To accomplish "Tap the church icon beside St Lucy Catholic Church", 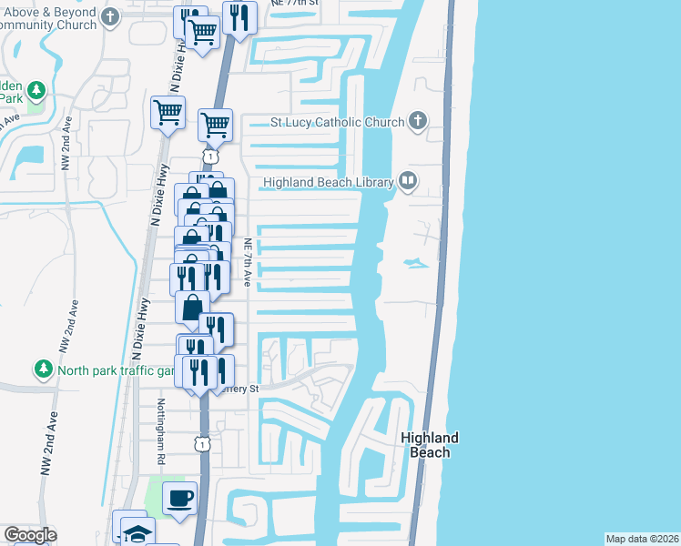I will pyautogui.click(x=417, y=121).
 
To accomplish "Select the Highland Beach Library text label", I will pyautogui.click(x=328, y=183).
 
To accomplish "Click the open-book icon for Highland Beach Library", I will pyautogui.click(x=407, y=182).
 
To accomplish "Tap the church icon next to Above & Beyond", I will pyautogui.click(x=110, y=17).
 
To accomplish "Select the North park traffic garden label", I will pyautogui.click(x=115, y=370).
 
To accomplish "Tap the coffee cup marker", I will pyautogui.click(x=179, y=499).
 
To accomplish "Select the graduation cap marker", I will pyautogui.click(x=137, y=532).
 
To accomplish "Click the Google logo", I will pyautogui.click(x=30, y=535).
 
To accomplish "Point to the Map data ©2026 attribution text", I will pyautogui.click(x=642, y=539).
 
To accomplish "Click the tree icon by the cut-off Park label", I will pyautogui.click(x=36, y=91).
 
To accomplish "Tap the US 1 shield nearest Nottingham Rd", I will pyautogui.click(x=203, y=443).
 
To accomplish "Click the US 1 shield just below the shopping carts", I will pyautogui.click(x=211, y=157).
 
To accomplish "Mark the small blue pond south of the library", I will pyautogui.click(x=415, y=264).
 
